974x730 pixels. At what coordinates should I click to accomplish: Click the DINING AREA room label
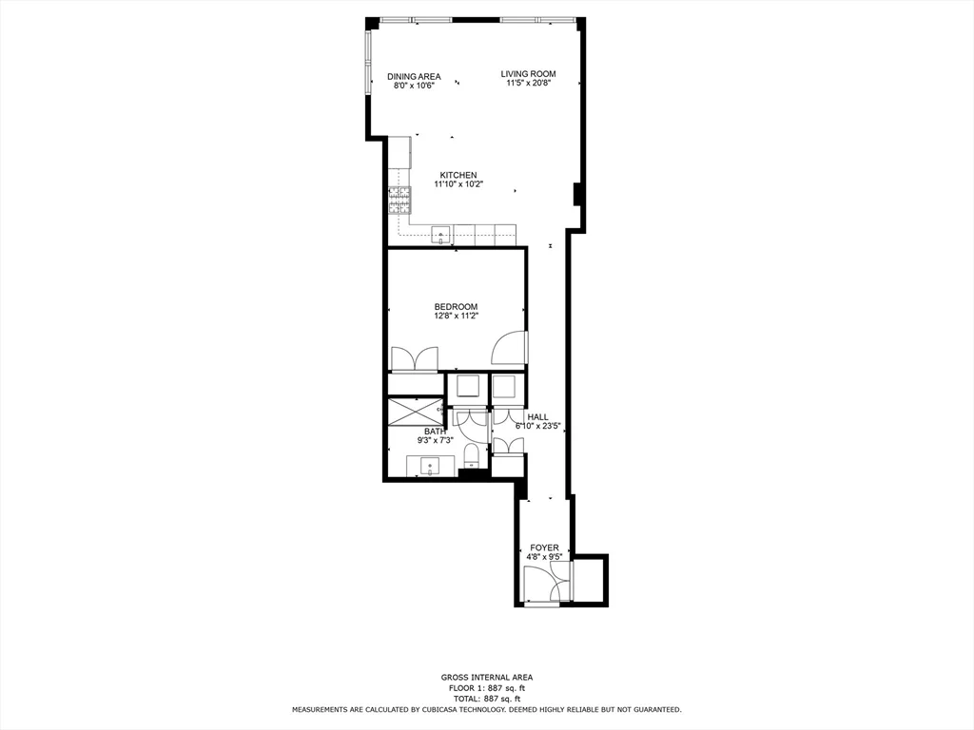point(414,75)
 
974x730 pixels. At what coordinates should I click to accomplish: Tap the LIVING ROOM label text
point(529,73)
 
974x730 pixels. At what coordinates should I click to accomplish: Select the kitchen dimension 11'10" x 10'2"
point(458,184)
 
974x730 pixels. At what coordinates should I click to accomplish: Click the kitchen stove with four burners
point(399,200)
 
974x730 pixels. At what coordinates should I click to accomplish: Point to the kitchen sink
point(440,235)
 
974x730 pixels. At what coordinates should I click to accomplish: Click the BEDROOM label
point(456,306)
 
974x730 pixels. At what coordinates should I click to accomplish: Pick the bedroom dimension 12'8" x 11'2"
point(456,316)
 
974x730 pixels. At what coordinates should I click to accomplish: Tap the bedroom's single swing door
point(509,348)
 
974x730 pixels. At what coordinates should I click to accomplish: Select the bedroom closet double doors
point(414,358)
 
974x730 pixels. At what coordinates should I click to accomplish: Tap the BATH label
point(435,432)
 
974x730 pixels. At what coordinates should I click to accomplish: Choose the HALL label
point(538,416)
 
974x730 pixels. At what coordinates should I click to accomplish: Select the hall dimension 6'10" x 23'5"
point(538,426)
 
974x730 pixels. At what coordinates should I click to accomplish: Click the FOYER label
point(544,547)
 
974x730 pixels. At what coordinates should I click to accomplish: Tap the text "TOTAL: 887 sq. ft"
point(486,698)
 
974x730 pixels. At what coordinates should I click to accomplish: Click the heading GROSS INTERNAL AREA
point(486,677)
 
